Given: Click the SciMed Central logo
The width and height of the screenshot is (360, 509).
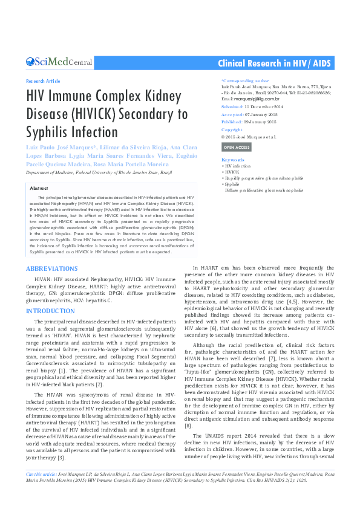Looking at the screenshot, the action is tap(59, 62).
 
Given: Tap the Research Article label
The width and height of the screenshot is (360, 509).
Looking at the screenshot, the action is tap(43, 81).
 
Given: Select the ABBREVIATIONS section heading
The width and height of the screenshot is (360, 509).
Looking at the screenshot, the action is tap(52, 267).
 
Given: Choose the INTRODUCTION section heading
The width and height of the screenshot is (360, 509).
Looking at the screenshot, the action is tap(50, 311).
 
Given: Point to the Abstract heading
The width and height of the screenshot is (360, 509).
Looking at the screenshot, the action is tap(39, 189).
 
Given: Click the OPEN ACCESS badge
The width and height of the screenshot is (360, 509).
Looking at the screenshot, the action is tap(236, 147).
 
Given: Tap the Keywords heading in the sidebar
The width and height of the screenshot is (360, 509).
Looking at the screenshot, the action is tap(232, 160).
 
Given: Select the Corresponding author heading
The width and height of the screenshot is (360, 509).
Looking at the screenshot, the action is tap(245, 80).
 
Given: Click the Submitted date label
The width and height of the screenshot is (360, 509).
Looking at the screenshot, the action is tap(233, 106).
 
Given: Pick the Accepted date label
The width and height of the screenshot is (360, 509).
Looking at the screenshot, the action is tap(232, 114).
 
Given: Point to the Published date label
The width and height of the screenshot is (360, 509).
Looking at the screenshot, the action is tap(233, 122).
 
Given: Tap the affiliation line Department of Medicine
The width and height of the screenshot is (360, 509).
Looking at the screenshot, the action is tap(99, 172).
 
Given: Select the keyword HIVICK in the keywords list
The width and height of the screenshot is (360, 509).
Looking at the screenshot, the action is tap(232, 172).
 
